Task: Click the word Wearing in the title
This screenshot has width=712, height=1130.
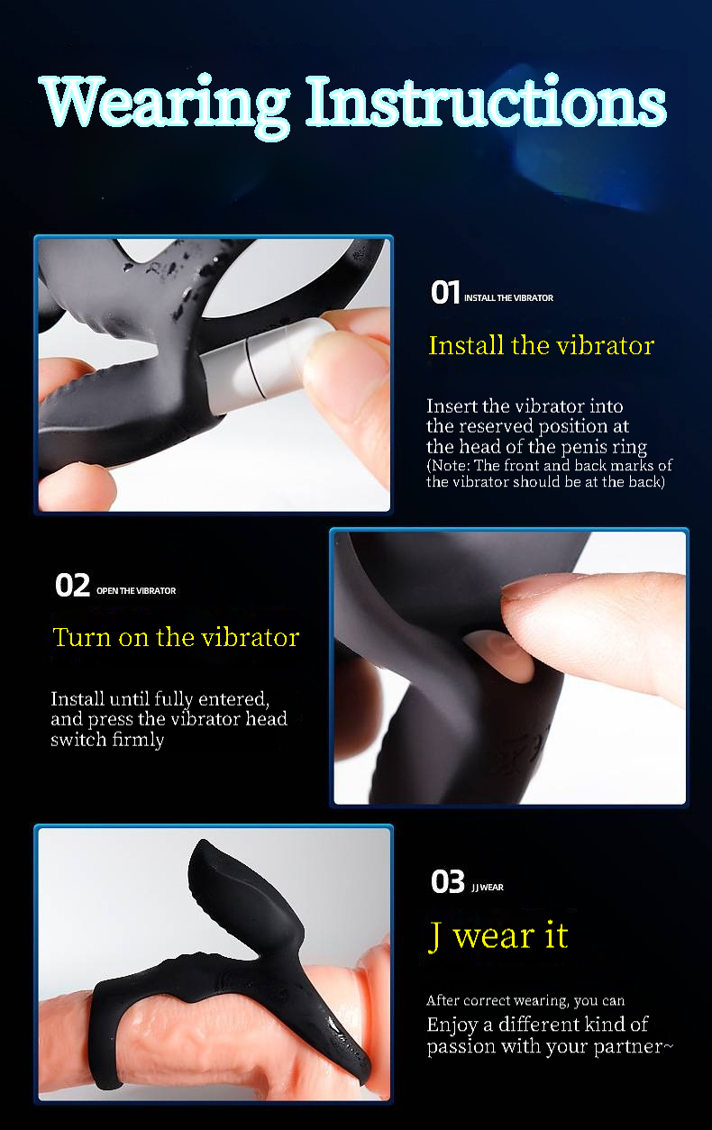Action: (x=165, y=105)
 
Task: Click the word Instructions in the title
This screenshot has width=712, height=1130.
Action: (x=487, y=101)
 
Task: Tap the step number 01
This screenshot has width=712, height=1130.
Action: (x=445, y=292)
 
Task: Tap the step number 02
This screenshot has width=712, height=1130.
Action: (x=72, y=585)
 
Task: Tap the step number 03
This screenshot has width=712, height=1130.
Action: (x=448, y=881)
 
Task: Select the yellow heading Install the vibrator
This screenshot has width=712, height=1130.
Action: (x=542, y=345)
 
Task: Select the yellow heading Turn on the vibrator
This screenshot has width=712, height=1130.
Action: (x=176, y=637)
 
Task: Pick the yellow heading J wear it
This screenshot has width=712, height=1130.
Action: (x=498, y=935)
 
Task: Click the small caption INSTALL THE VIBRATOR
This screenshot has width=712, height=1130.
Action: (x=508, y=298)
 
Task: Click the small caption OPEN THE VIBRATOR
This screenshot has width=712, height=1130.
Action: (x=136, y=591)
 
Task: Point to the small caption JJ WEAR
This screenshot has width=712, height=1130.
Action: (x=488, y=888)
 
